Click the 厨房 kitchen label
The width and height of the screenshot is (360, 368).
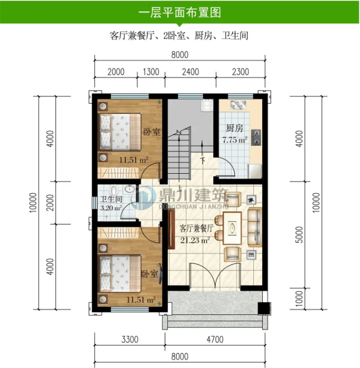234,128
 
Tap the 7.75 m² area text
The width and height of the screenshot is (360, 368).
235,140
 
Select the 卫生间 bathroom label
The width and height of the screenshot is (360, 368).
111,199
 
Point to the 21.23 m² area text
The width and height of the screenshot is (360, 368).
195,240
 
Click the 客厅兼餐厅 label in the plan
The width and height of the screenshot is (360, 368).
197,228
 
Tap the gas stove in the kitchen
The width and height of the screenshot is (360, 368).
256,137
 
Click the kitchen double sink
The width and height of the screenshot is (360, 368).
238,105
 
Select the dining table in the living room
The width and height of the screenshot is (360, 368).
232,228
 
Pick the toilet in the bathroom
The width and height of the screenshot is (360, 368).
114,191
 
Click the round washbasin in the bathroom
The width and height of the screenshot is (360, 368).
129,189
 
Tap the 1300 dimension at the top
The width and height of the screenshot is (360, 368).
151,72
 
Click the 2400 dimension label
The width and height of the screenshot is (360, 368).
191,72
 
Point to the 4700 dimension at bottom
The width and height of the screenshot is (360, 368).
215,339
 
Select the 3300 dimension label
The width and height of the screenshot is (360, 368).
130,339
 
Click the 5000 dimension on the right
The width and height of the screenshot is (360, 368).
299,235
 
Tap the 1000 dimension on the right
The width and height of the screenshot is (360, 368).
299,298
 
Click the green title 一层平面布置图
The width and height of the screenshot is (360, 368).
180,12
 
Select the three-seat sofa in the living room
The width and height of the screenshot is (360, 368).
255,227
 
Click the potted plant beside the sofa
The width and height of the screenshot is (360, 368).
251,200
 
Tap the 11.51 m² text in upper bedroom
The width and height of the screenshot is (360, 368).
134,160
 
